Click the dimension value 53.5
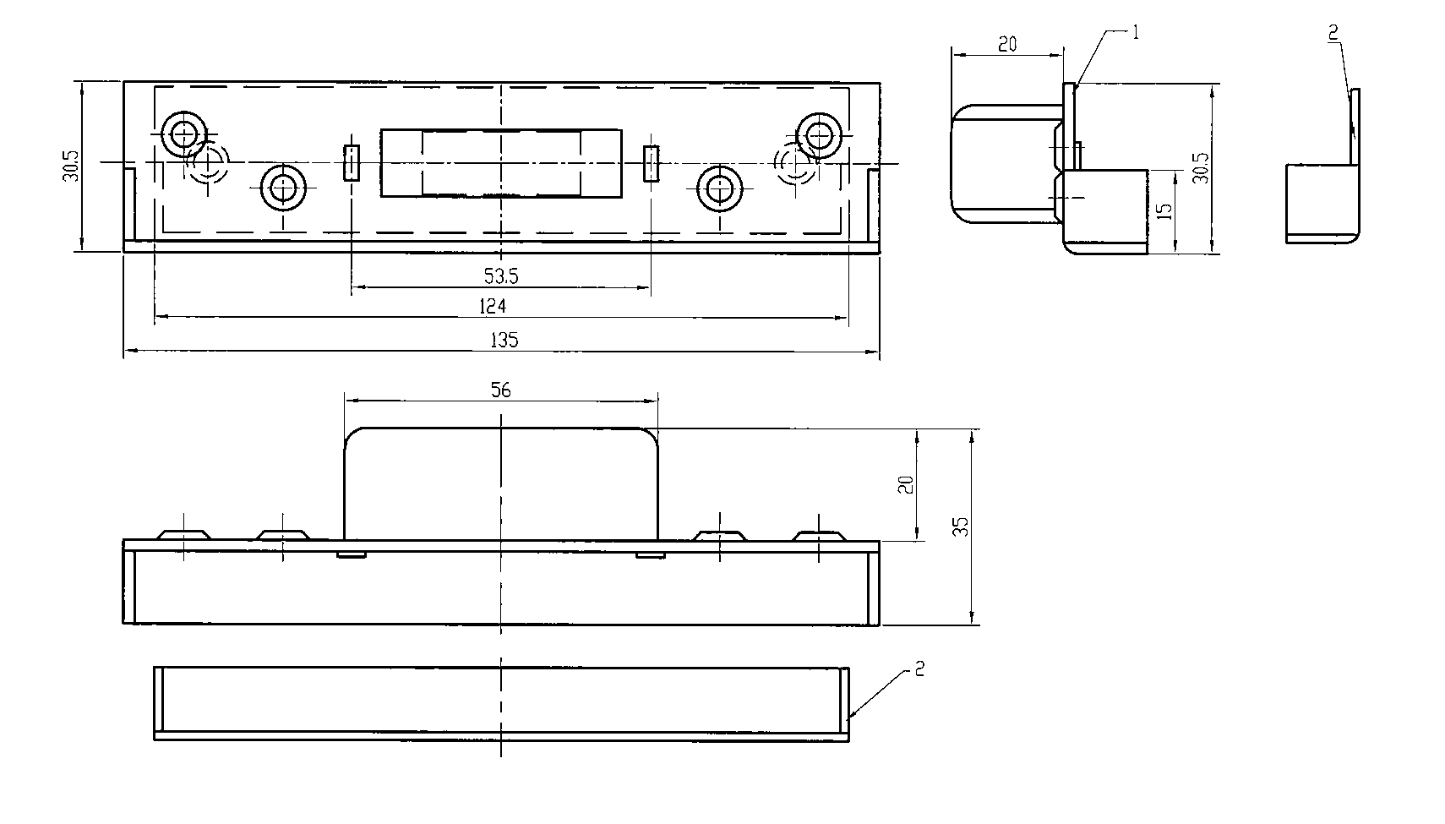point(501,276)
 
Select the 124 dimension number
point(492,306)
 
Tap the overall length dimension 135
point(504,340)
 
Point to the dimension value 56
point(500,390)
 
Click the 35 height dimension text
point(961,527)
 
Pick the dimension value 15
point(1165,211)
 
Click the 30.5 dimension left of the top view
point(71,166)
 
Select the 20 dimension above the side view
point(1007,44)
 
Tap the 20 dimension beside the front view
point(907,484)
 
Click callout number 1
point(1136,32)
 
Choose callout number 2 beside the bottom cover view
point(920,668)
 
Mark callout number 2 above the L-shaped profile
point(1333,31)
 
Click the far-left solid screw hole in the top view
point(184,134)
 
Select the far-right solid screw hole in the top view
point(820,135)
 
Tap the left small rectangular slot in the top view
point(352,162)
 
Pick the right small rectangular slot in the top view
point(652,164)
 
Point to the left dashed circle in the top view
point(206,162)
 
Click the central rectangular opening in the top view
point(501,162)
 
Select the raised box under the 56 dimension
point(501,483)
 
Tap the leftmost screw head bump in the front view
point(184,536)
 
